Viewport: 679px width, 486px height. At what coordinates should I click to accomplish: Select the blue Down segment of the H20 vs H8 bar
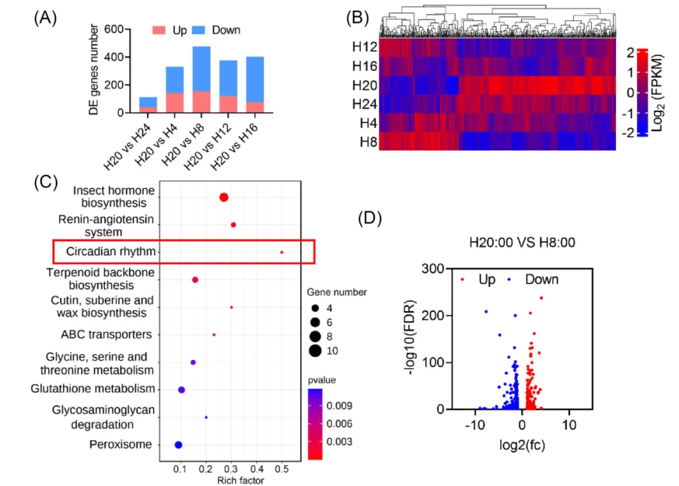[184, 69]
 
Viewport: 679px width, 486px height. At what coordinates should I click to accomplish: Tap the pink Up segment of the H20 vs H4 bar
[157, 102]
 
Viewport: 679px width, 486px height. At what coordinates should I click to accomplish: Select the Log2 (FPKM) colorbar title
[660, 92]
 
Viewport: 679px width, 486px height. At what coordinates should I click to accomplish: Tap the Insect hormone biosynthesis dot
[223, 197]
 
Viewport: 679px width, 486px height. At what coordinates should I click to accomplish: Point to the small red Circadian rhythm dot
[282, 252]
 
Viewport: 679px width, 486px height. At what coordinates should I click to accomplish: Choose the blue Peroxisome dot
[178, 445]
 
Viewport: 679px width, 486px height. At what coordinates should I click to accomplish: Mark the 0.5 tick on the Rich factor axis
[282, 470]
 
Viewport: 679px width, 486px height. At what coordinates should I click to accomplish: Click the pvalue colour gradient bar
[316, 424]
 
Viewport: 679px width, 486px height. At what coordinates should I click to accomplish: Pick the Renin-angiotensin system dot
[233, 224]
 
